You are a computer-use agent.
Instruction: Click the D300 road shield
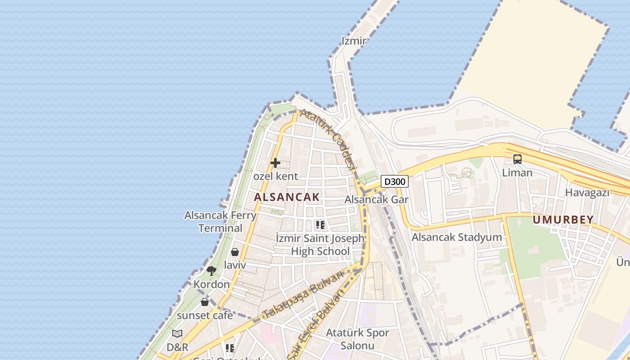(395, 182)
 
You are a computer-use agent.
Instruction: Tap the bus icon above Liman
(517, 159)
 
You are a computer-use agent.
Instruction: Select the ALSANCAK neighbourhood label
(287, 197)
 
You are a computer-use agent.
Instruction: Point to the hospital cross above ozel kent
(275, 163)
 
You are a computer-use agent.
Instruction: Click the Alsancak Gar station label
(376, 199)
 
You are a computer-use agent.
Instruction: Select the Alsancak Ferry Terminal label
(220, 221)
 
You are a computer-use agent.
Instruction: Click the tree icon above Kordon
(211, 270)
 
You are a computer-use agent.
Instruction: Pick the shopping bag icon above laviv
(235, 252)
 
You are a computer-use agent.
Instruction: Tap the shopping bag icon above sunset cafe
(205, 301)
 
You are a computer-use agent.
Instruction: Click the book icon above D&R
(177, 333)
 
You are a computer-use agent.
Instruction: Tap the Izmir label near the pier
(354, 41)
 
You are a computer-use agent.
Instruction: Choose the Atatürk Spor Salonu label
(357, 339)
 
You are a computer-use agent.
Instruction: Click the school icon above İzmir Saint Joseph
(320, 225)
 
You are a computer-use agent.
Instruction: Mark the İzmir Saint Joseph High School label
(320, 244)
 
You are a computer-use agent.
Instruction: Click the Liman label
(517, 173)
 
